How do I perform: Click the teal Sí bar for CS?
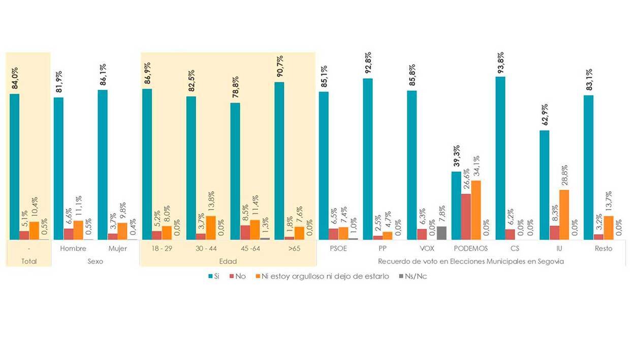(x=500, y=158)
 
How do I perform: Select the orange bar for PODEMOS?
(x=476, y=210)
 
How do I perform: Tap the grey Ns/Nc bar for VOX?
(x=441, y=233)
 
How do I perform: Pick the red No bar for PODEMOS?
(x=466, y=216)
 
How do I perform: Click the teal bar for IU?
(x=545, y=185)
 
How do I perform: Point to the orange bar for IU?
(x=564, y=214)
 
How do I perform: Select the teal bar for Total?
(x=14, y=167)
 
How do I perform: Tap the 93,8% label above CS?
(x=501, y=62)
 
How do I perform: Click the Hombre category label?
(x=73, y=248)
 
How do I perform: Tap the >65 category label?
(x=294, y=248)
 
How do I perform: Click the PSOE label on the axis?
(x=338, y=248)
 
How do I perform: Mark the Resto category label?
(x=604, y=248)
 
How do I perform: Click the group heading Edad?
(x=228, y=261)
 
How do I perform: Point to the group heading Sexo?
(x=95, y=261)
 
